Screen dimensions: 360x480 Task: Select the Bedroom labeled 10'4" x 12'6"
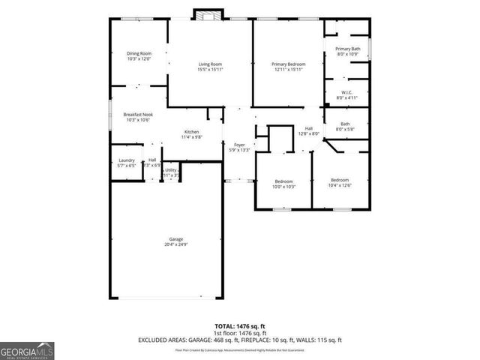tap(340, 182)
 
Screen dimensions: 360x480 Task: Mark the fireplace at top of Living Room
tap(208, 15)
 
